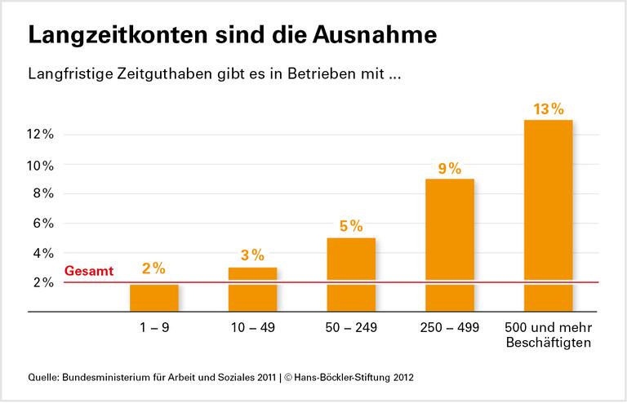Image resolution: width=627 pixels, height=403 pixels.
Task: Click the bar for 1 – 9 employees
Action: click(x=154, y=298)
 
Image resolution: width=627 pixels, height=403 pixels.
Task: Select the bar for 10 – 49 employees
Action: click(x=252, y=290)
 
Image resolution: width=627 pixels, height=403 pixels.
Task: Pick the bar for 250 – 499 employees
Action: click(x=449, y=245)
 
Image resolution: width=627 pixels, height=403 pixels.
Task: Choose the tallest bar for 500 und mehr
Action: click(x=548, y=215)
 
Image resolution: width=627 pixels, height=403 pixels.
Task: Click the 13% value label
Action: click(x=548, y=109)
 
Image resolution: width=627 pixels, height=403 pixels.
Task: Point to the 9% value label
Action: click(x=450, y=169)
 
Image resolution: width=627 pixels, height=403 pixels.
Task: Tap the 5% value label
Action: click(x=351, y=227)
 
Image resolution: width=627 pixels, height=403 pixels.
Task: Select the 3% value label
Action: click(x=253, y=256)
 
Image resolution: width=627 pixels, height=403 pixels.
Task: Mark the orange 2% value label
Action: click(x=154, y=268)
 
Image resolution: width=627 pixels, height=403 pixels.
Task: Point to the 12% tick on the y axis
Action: click(x=40, y=135)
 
